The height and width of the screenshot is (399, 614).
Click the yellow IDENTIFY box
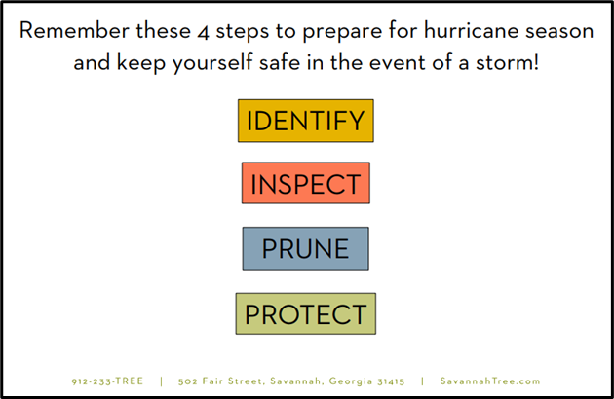point(306,121)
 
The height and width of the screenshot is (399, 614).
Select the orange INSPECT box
point(306,183)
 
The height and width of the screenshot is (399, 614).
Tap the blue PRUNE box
point(306,248)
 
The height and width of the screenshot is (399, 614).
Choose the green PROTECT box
point(306,313)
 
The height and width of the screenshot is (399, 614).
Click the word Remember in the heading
point(74,30)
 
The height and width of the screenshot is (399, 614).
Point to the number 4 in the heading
point(204,32)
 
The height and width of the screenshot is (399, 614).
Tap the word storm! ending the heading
point(508,62)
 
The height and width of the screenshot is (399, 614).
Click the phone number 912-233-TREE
point(107,381)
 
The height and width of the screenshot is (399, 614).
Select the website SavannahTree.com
point(490,381)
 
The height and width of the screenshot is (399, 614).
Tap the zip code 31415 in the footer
point(391,381)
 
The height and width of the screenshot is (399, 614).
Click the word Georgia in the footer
point(351,381)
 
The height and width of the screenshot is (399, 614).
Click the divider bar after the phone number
point(162,381)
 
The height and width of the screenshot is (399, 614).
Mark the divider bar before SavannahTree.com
point(422,381)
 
